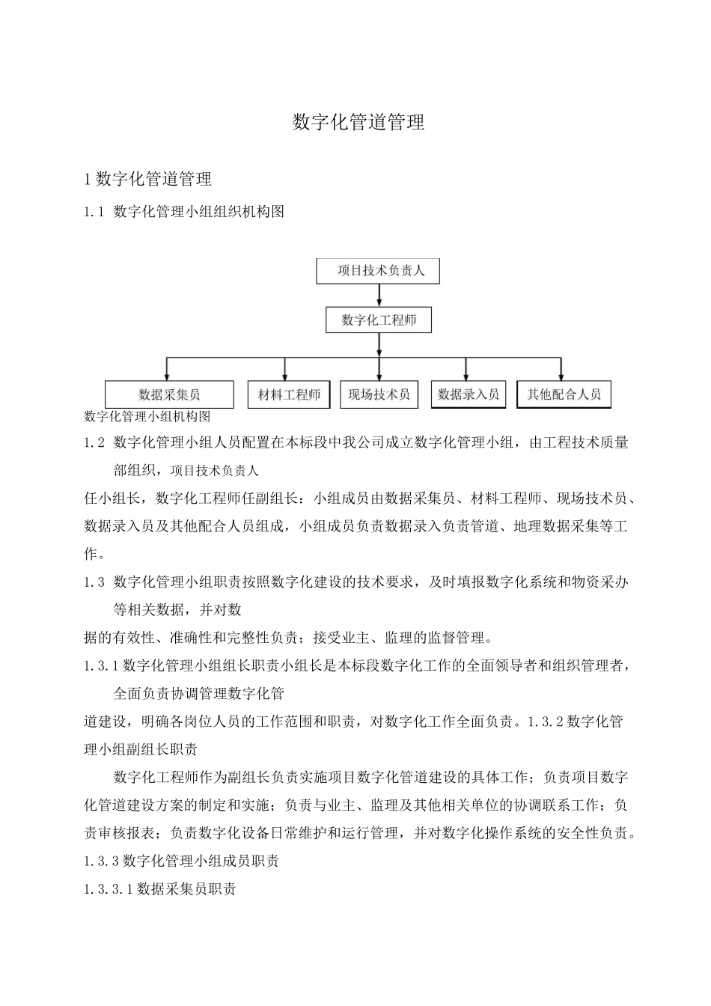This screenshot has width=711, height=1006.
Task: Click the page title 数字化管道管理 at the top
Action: (358, 123)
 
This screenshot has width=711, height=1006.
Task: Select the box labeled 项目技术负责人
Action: (378, 271)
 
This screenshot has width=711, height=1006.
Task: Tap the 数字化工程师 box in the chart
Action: (379, 320)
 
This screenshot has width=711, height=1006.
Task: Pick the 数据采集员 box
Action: (169, 394)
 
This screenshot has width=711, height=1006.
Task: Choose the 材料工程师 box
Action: (288, 394)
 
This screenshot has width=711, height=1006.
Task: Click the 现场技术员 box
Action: (379, 394)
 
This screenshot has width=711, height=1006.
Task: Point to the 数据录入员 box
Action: (468, 394)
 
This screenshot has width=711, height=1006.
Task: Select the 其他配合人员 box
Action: (564, 394)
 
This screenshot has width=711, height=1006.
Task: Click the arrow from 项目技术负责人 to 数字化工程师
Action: (379, 295)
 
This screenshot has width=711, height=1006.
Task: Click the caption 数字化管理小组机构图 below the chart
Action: (147, 417)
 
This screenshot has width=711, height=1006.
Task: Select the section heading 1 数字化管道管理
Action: (148, 179)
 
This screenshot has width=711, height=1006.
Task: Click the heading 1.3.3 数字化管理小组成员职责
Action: (182, 861)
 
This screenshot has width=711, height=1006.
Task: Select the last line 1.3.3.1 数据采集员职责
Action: (160, 889)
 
